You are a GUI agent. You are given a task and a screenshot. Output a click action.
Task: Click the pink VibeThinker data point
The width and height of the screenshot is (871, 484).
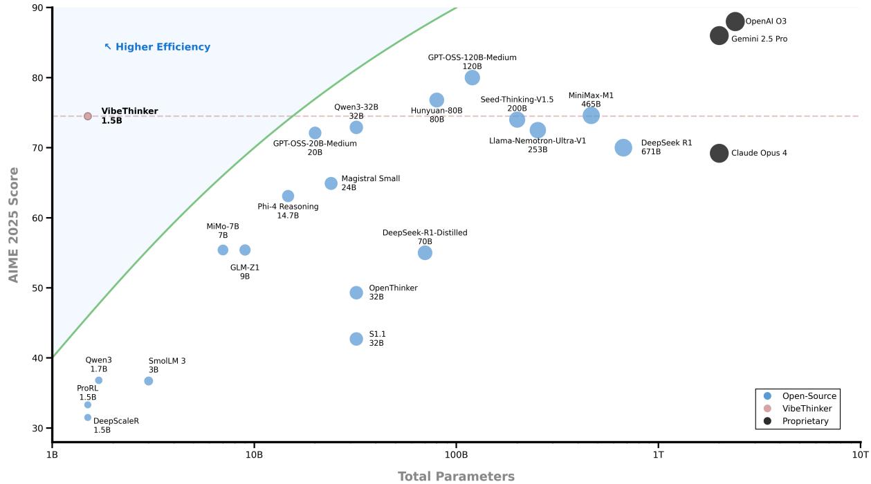click(88, 116)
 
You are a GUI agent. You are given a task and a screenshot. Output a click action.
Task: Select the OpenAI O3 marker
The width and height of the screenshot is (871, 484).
click(735, 21)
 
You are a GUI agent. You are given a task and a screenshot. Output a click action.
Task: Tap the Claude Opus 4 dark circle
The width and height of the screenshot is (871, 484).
click(719, 153)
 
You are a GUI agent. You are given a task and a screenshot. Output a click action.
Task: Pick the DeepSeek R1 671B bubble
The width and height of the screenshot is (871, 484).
click(623, 147)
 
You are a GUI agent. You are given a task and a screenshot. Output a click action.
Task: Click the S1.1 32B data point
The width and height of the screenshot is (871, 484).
click(356, 339)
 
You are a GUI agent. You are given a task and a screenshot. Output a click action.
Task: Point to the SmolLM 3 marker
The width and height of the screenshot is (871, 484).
click(149, 381)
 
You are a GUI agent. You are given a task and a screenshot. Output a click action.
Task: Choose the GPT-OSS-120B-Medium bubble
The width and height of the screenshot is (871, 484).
click(473, 77)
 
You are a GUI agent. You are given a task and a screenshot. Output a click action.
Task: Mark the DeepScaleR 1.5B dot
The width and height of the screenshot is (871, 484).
click(88, 417)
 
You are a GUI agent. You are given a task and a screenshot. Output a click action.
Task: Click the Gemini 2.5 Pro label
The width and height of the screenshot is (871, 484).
click(759, 39)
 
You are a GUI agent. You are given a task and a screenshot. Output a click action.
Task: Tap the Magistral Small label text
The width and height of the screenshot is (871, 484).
click(370, 179)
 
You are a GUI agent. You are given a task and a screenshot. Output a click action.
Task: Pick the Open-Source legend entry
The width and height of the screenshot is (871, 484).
click(809, 396)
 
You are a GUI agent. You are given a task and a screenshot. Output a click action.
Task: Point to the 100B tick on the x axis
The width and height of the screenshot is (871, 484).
click(456, 454)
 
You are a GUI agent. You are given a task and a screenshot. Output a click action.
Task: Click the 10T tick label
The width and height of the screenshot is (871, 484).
click(860, 454)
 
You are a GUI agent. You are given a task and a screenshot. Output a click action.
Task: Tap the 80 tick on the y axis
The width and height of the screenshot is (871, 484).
click(37, 78)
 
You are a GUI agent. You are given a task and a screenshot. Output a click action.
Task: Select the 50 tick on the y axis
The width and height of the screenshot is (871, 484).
click(37, 288)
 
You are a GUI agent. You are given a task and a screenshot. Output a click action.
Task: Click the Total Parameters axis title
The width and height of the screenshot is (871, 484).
click(456, 476)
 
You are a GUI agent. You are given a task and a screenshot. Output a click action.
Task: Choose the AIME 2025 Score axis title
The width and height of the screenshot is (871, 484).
click(13, 225)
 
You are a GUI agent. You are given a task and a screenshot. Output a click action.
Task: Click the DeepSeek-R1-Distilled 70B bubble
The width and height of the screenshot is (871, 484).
click(425, 252)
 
